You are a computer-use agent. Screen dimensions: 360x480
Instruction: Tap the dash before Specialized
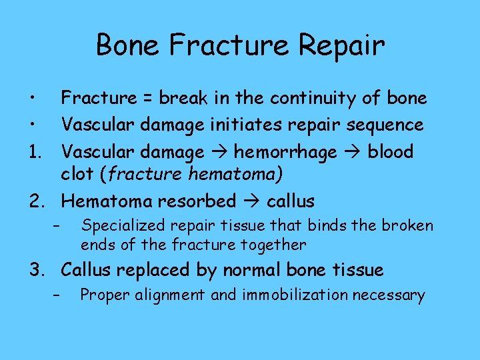pyautogui.click(x=57, y=226)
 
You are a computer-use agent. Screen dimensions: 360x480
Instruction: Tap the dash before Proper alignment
pyautogui.click(x=57, y=295)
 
